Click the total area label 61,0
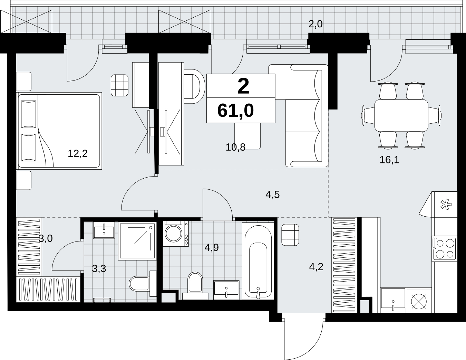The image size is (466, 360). [x=235, y=111]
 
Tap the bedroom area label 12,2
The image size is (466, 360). [x=78, y=154]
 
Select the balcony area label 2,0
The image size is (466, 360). [x=315, y=24]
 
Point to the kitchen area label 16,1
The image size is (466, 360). [x=389, y=160]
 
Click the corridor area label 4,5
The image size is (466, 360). [x=273, y=195]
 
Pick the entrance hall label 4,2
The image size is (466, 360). [x=316, y=267]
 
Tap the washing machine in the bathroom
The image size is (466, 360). [x=176, y=234]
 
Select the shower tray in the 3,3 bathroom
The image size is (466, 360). [x=137, y=241]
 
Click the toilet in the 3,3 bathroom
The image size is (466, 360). [x=143, y=284]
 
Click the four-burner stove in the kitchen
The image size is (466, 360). [x=444, y=249]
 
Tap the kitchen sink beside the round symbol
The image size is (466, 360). [x=393, y=300]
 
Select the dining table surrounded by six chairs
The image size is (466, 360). [x=401, y=115]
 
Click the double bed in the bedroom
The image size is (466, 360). [x=59, y=131]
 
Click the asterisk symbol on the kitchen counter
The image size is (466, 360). [x=446, y=205]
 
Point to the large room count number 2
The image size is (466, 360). [x=243, y=86]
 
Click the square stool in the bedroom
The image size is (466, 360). [x=119, y=85]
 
